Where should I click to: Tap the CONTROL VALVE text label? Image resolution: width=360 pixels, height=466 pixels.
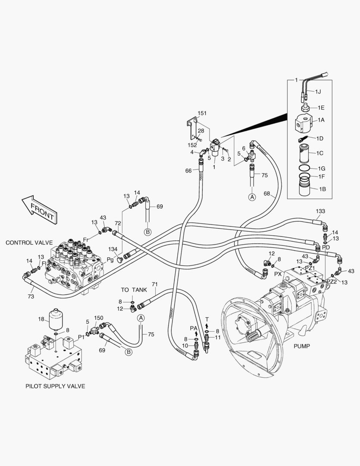coord(29,243)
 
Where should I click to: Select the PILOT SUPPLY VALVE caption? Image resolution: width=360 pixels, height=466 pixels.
coord(55,386)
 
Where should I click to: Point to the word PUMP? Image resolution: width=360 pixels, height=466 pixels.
coord(302,346)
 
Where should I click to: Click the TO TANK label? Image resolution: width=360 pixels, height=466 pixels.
coord(134,290)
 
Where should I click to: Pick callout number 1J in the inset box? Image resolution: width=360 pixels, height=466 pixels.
coord(318,92)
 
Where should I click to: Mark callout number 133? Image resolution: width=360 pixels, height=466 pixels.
coord(320,211)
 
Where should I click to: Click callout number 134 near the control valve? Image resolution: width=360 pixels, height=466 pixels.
coord(113,249)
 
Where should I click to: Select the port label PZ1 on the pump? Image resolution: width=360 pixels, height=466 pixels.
coord(310,268)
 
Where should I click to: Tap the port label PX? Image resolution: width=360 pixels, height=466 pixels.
coord(278,274)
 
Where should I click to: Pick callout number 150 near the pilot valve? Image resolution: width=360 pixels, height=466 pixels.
coord(98,318)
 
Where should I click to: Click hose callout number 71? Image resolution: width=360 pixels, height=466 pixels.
coord(155,284)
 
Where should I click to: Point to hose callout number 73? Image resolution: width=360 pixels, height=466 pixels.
coord(31,296)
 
